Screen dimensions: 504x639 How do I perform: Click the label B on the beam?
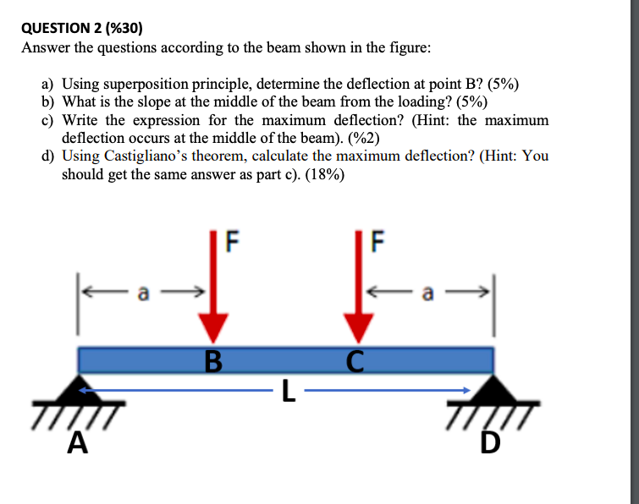(x=213, y=364)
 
